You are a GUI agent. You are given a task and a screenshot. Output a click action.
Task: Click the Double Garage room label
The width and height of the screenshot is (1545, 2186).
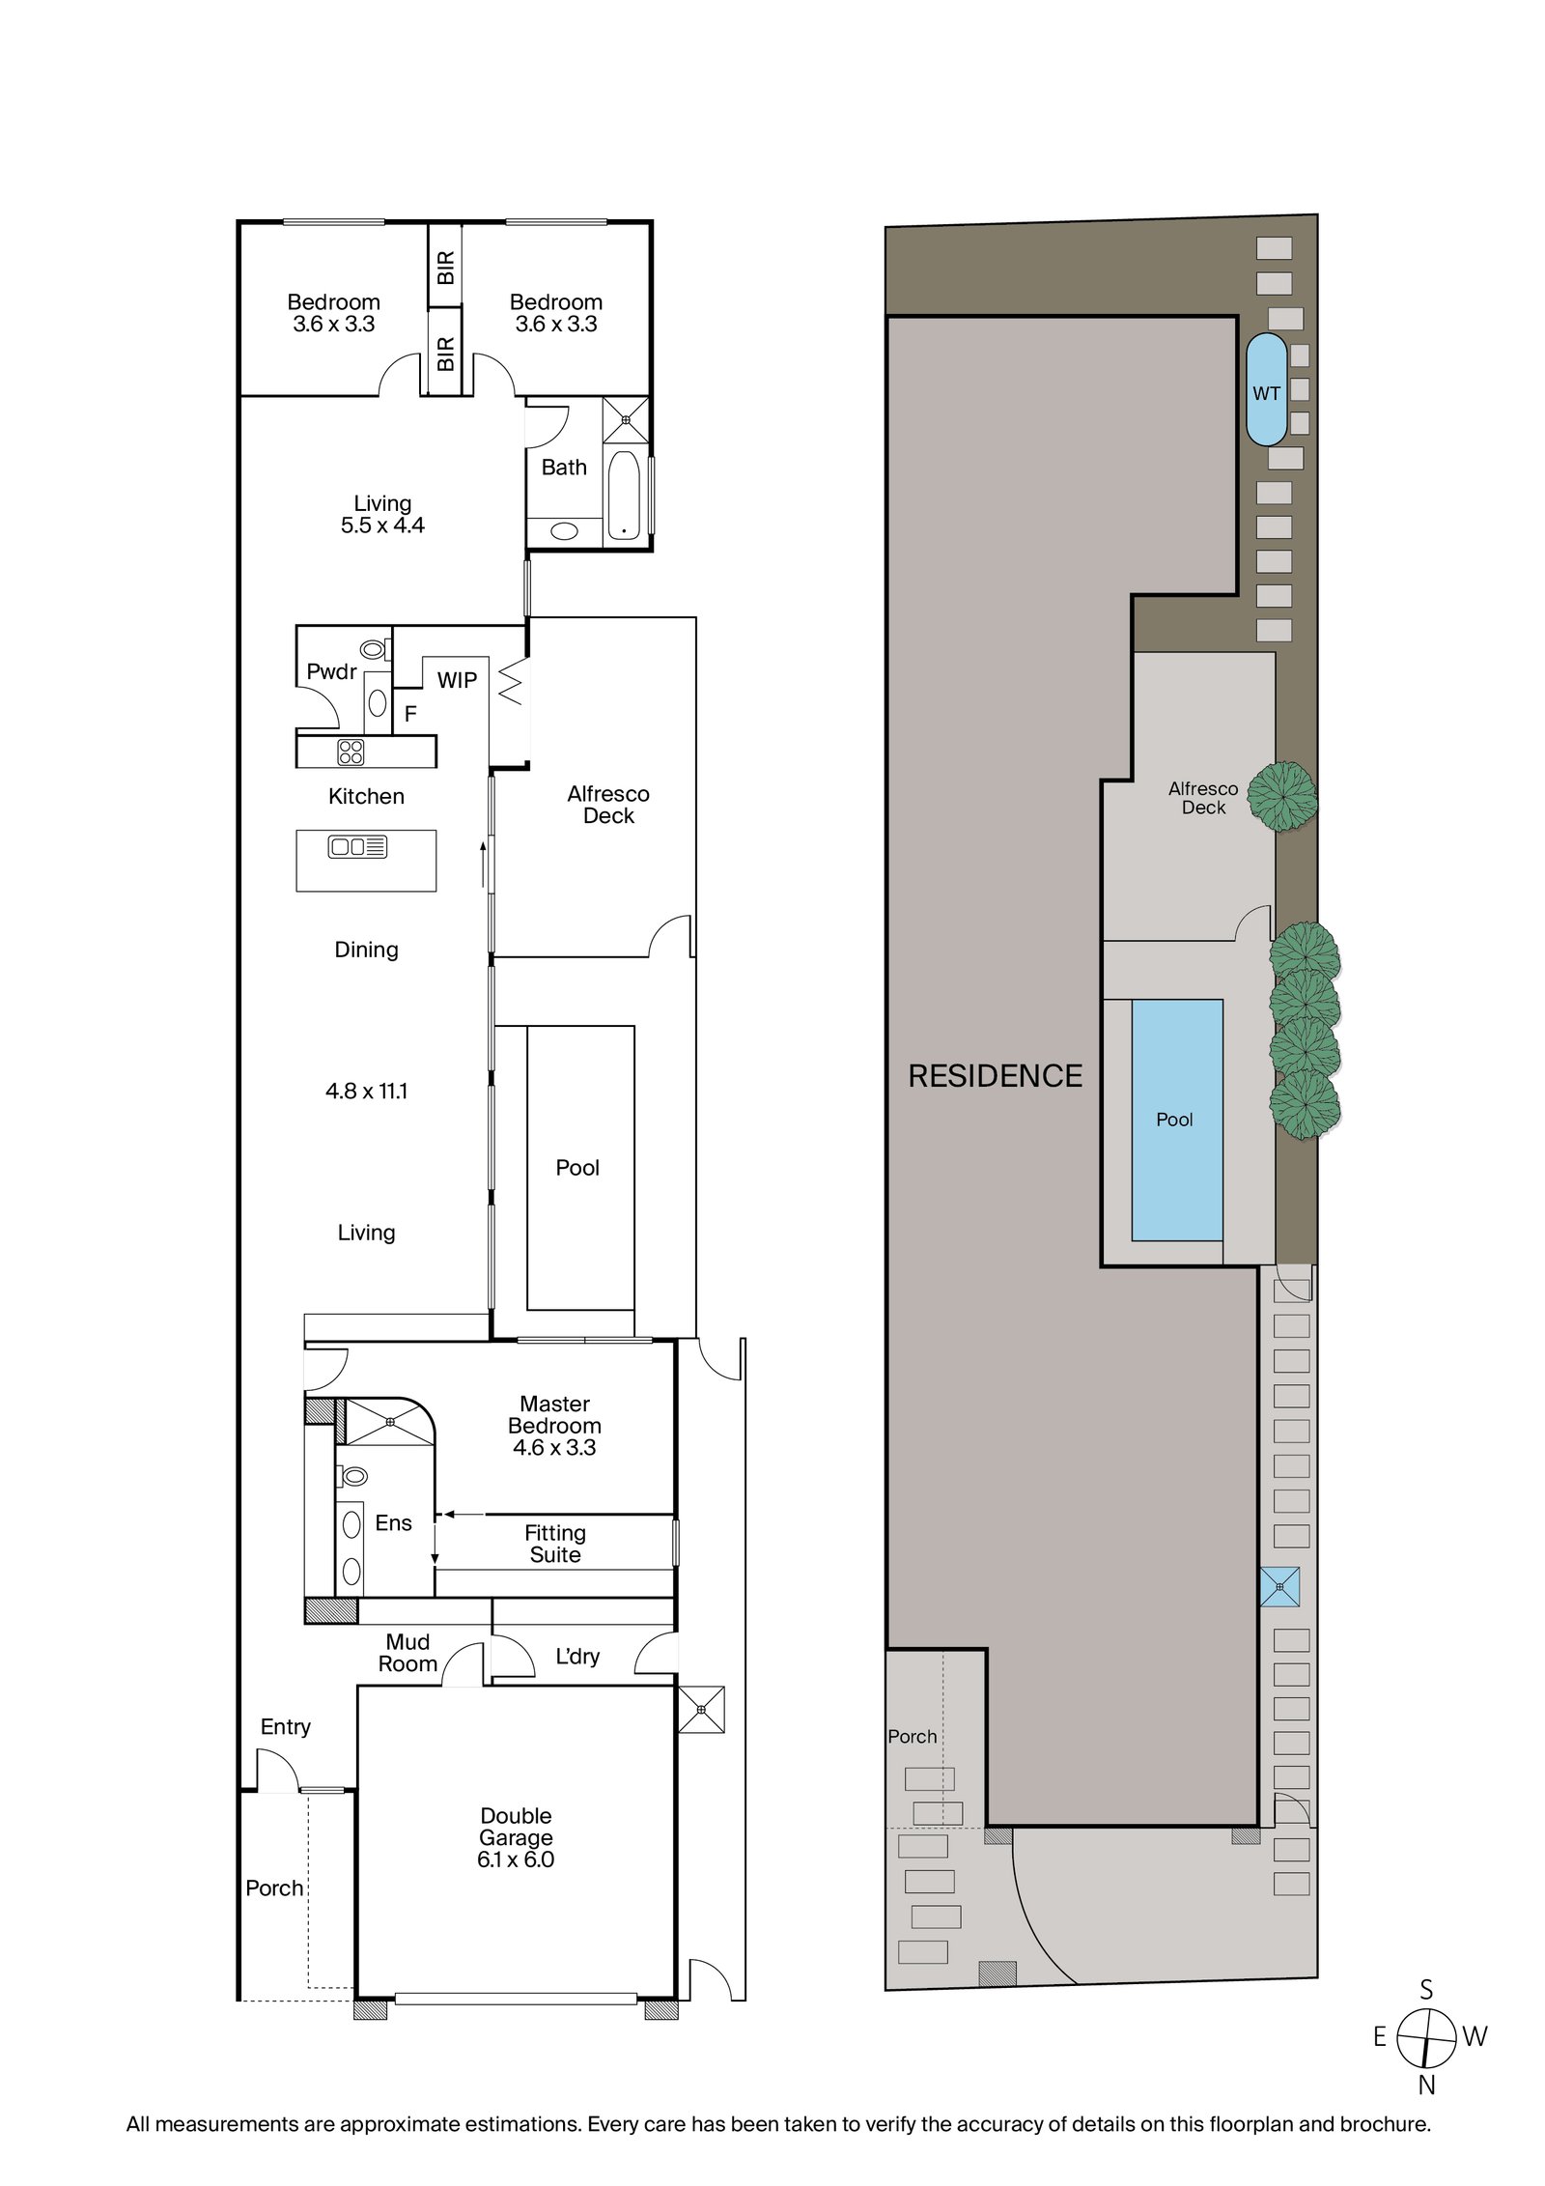click(x=516, y=1837)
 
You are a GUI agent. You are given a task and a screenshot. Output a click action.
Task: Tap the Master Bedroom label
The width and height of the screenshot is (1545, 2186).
click(x=554, y=1425)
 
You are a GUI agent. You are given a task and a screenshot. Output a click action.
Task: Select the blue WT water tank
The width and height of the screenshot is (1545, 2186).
click(x=1266, y=389)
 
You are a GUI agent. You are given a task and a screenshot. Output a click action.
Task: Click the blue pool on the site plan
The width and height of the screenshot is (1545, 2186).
click(x=1177, y=1120)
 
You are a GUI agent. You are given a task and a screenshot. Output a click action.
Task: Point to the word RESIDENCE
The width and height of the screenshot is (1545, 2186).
click(x=996, y=1076)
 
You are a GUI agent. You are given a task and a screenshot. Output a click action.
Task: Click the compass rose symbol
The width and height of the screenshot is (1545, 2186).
click(x=1427, y=2038)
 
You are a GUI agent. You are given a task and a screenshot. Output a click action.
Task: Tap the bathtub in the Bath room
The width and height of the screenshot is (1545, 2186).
click(x=624, y=495)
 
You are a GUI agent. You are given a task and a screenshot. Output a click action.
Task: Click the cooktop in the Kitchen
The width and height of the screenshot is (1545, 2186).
click(x=351, y=752)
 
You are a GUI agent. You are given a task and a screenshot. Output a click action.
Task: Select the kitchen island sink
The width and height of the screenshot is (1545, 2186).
click(x=357, y=847)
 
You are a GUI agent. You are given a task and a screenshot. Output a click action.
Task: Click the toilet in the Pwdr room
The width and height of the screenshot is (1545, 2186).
click(x=374, y=649)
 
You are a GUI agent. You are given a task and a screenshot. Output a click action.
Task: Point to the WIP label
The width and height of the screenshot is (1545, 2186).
click(x=457, y=680)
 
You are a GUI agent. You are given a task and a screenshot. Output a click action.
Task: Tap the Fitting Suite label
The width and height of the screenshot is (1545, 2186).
click(x=555, y=1544)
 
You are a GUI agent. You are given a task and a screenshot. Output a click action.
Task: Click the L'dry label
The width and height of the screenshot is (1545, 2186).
click(x=577, y=1657)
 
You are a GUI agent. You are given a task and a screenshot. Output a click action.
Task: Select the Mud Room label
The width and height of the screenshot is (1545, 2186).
click(x=407, y=1653)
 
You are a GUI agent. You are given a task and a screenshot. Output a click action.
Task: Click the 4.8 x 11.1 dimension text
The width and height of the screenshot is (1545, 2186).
click(x=366, y=1092)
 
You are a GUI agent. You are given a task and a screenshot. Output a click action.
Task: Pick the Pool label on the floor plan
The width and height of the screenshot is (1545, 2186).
click(x=577, y=1168)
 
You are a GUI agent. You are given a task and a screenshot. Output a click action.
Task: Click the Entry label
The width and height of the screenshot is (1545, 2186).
click(x=286, y=1727)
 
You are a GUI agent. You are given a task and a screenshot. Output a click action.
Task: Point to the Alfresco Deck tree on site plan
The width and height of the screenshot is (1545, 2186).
click(x=1282, y=796)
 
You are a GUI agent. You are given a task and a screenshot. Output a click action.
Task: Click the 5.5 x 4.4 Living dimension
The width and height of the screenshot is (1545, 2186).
click(x=382, y=525)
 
